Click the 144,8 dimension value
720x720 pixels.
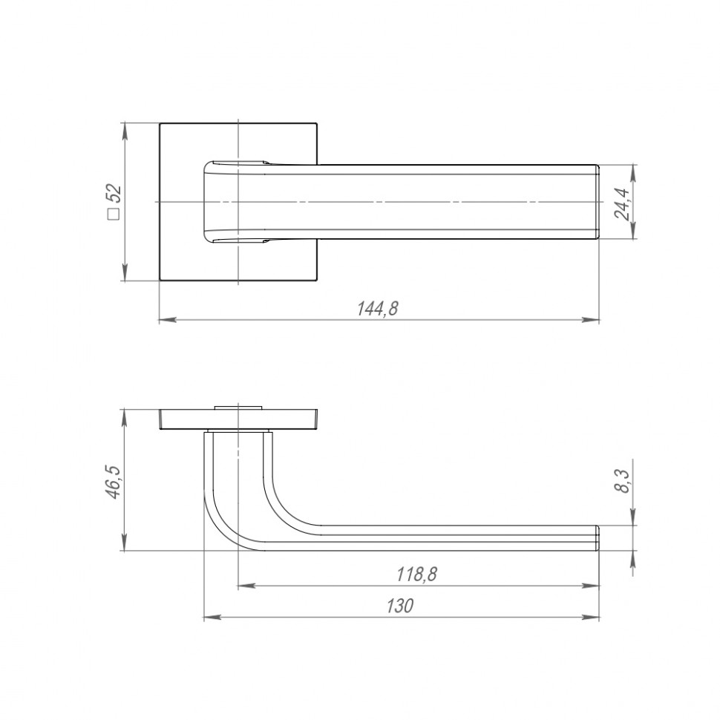click(x=378, y=310)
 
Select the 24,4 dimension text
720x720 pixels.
click(x=623, y=203)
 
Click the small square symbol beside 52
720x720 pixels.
click(x=114, y=215)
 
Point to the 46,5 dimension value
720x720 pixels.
click(x=114, y=481)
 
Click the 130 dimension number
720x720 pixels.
click(x=399, y=606)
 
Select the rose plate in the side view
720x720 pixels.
click(x=239, y=419)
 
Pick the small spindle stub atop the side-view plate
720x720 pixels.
click(x=238, y=406)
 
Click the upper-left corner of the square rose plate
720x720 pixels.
click(x=160, y=123)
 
